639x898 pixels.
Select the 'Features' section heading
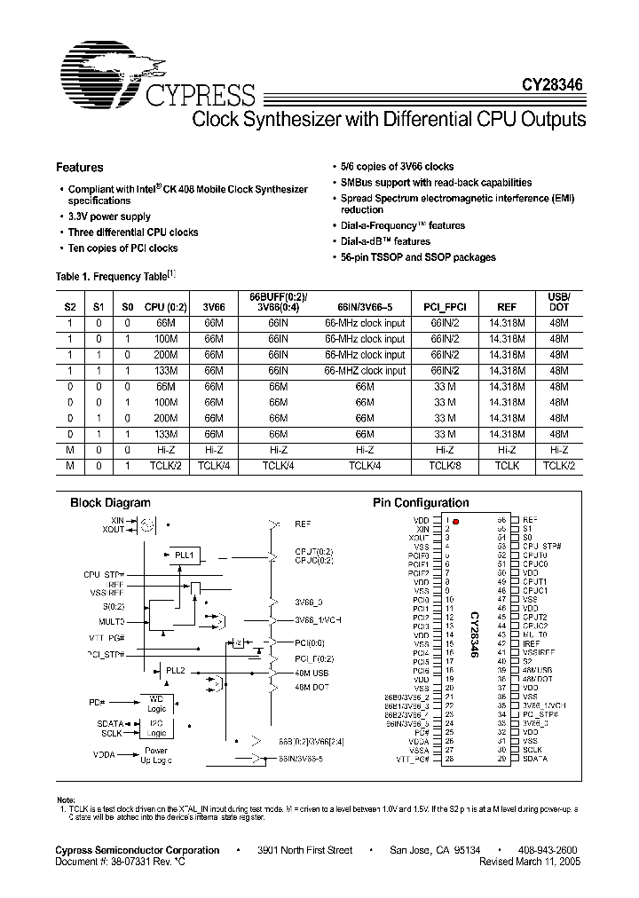[80, 167]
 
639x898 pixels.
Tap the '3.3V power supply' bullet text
[110, 217]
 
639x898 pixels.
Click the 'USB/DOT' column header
[558, 301]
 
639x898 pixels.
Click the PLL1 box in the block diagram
[183, 555]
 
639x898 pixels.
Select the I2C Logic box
[156, 729]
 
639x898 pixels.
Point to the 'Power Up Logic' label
[155, 755]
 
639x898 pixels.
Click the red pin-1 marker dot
[455, 521]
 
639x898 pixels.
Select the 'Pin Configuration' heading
[420, 502]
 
